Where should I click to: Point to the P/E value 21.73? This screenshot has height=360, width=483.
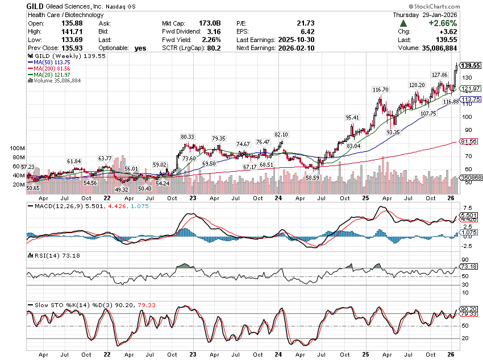pyautogui.click(x=305, y=23)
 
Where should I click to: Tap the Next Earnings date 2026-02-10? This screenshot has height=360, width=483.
pyautogui.click(x=294, y=48)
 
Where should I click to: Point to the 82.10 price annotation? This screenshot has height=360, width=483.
pyautogui.click(x=281, y=134)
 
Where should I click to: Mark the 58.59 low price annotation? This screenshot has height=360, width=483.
pyautogui.click(x=313, y=177)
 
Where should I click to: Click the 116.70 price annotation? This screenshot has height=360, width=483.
pyautogui.click(x=380, y=90)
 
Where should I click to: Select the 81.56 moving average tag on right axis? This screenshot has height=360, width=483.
pyautogui.click(x=469, y=141)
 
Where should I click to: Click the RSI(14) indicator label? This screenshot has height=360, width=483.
pyautogui.click(x=43, y=256)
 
